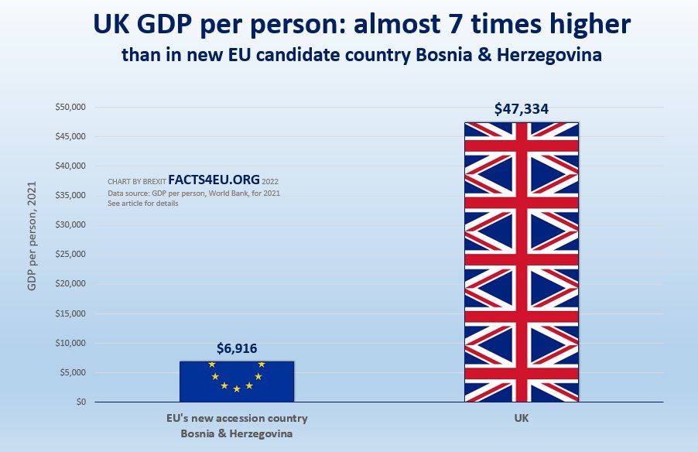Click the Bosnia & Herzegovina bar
point(237,381)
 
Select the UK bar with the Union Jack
point(522,262)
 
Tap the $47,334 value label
point(522,109)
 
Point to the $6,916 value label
point(237,349)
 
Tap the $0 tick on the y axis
point(79,402)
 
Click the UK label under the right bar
point(521,419)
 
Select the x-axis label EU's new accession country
point(237,419)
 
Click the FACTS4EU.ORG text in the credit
point(214,180)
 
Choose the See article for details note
point(143,203)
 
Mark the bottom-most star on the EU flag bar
point(237,389)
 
